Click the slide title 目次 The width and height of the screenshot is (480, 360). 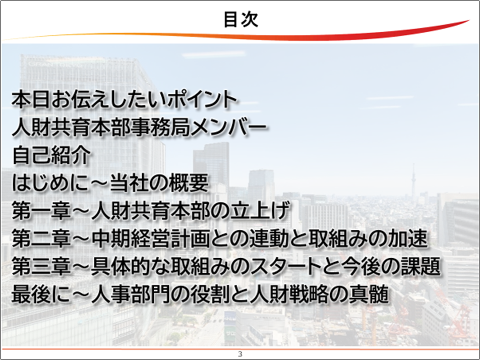[x=241, y=19]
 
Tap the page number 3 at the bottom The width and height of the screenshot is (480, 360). [x=240, y=354]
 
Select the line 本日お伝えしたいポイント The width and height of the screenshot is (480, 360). [x=124, y=99]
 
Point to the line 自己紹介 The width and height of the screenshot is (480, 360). [x=51, y=155]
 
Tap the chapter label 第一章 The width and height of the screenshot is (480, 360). [x=41, y=211]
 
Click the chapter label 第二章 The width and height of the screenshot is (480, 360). [x=41, y=238]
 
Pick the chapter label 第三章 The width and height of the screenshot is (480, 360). [x=41, y=266]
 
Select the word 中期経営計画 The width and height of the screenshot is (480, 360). [x=150, y=238]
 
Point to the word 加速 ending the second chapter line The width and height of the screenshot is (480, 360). [x=407, y=238]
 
